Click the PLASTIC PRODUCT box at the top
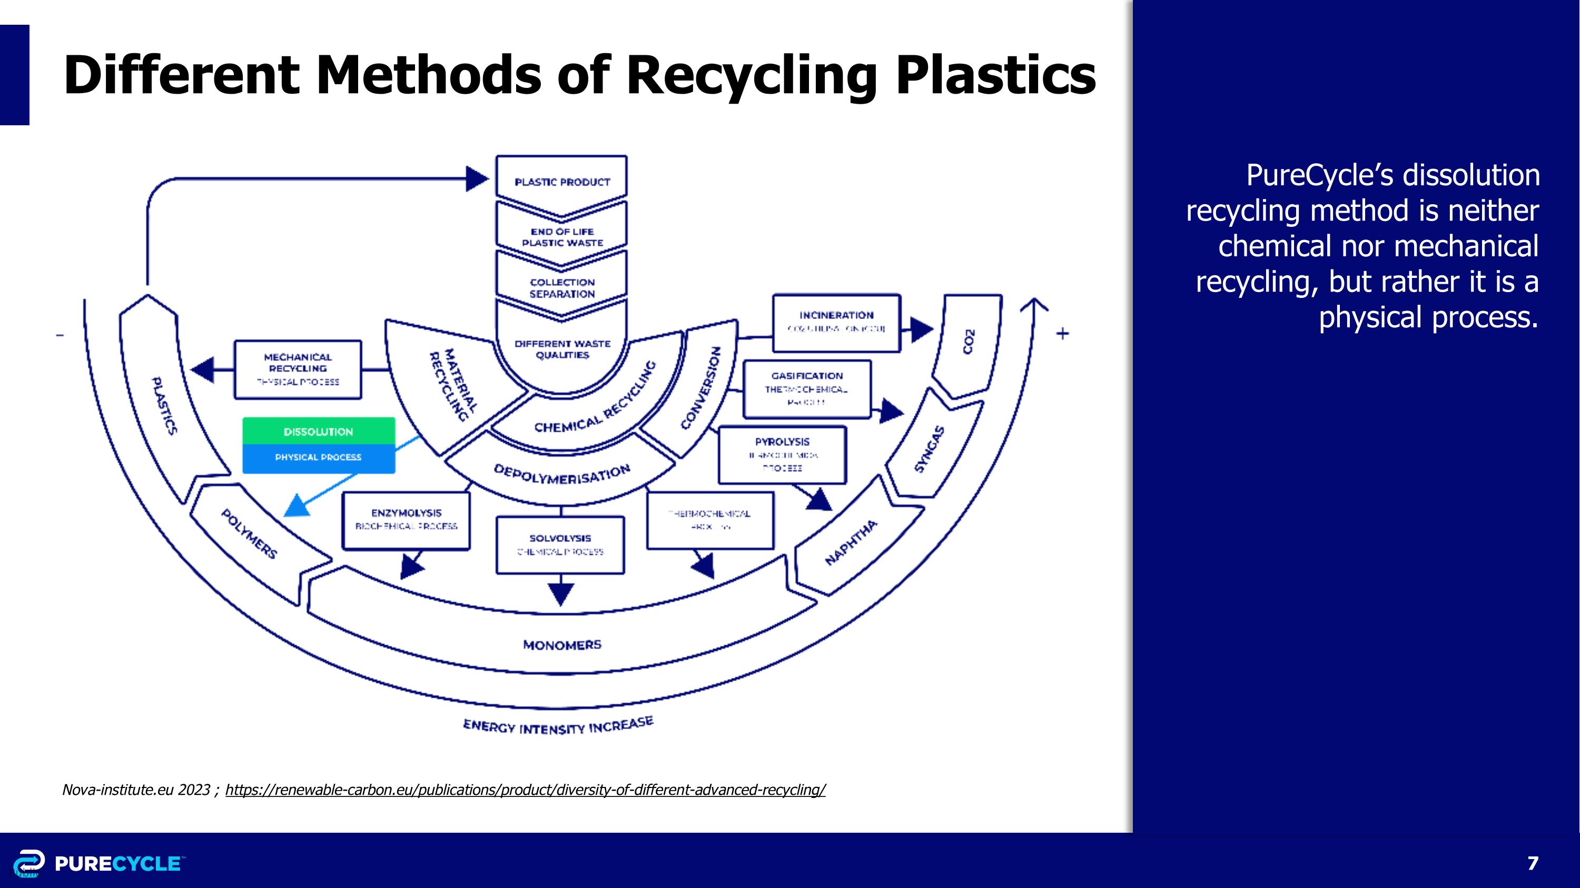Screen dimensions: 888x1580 pyautogui.click(x=562, y=182)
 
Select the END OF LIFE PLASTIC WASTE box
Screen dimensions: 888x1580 pyautogui.click(x=562, y=236)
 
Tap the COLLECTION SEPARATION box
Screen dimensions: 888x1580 pyautogui.click(x=562, y=287)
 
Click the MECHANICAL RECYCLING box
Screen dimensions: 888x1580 pyautogui.click(x=298, y=369)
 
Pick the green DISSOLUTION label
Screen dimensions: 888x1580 pyautogui.click(x=318, y=432)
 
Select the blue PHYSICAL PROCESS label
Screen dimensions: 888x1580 pyautogui.click(x=318, y=457)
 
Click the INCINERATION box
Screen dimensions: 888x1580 pyautogui.click(x=836, y=322)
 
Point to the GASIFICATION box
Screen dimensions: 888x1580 pyautogui.click(x=806, y=388)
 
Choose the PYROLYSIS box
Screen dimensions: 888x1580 pyautogui.click(x=782, y=454)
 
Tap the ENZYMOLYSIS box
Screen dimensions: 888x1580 pyautogui.click(x=406, y=519)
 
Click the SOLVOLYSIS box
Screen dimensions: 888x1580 pyautogui.click(x=560, y=544)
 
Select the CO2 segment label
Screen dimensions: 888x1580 pyautogui.click(x=968, y=341)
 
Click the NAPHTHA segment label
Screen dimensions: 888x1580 pyautogui.click(x=850, y=542)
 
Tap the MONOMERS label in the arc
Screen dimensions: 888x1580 pyautogui.click(x=562, y=645)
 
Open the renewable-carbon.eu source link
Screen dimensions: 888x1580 pyautogui.click(x=525, y=790)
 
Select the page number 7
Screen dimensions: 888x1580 pyautogui.click(x=1533, y=863)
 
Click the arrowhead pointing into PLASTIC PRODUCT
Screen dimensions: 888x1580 pyautogui.click(x=477, y=179)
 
